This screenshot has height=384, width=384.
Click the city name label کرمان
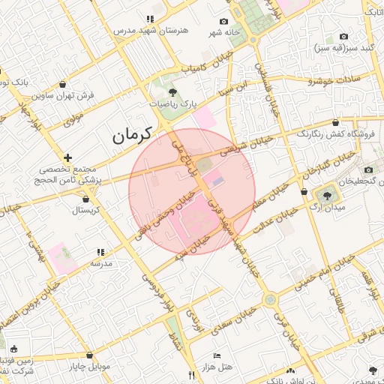click(132, 136)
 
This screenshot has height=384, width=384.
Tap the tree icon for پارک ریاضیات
click(172, 92)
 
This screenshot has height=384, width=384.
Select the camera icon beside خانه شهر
click(223, 22)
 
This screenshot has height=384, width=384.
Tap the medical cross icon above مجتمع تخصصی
click(68, 158)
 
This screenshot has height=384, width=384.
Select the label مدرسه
click(101, 263)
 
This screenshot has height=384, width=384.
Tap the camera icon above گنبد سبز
click(343, 37)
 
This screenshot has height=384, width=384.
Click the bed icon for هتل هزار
click(217, 355)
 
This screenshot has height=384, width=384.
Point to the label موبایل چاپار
click(91, 367)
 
